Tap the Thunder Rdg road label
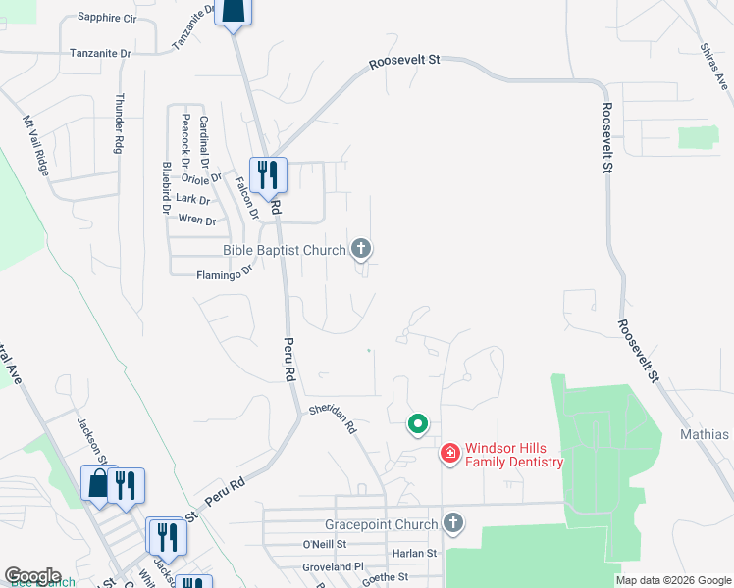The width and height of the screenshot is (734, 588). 120,122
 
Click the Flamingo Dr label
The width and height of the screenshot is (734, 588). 225,275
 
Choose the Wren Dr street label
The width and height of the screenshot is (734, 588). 197,220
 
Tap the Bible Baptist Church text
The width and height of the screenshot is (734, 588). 285,250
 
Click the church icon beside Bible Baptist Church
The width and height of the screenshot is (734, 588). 362,249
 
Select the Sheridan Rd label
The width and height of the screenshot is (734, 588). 332,418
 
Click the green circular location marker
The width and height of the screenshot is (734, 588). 417,424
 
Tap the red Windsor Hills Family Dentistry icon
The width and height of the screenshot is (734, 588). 449,453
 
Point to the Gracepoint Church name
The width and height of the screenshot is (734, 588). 382,524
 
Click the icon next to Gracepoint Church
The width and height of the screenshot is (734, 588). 452,523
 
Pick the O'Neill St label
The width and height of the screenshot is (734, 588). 325,544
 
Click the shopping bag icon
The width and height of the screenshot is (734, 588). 99,484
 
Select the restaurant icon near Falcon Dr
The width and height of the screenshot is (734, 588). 268,175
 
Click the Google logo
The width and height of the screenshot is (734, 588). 32,576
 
